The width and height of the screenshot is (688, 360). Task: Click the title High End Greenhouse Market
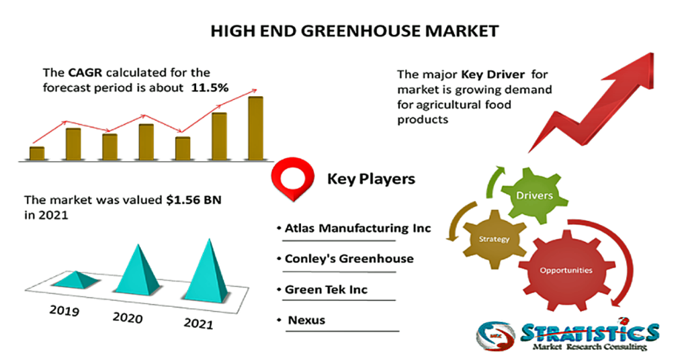pos(355,31)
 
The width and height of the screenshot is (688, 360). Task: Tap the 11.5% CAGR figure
pos(210,88)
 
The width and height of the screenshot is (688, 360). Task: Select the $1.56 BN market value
pos(193,200)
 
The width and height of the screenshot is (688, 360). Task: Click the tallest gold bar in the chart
pos(255,128)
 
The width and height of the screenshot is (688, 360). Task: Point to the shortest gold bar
pos(37,154)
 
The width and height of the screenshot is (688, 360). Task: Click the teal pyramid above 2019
pos(75,279)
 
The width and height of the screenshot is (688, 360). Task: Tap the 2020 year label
pos(128,317)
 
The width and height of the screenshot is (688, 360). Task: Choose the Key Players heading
pos(371,179)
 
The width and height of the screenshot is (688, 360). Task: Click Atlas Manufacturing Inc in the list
pos(357,228)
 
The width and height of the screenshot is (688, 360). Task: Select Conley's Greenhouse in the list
pos(349,259)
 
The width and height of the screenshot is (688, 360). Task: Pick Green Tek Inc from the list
pos(326,289)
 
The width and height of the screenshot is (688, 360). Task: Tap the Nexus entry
pos(306,320)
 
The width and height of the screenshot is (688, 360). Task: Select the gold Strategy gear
pos(494,239)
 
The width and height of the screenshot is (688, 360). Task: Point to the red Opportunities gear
pos(566,270)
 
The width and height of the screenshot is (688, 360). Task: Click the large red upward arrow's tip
pos(652,54)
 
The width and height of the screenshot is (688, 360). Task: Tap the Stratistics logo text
pos(589,332)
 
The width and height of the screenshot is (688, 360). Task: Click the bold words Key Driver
pos(492,75)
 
